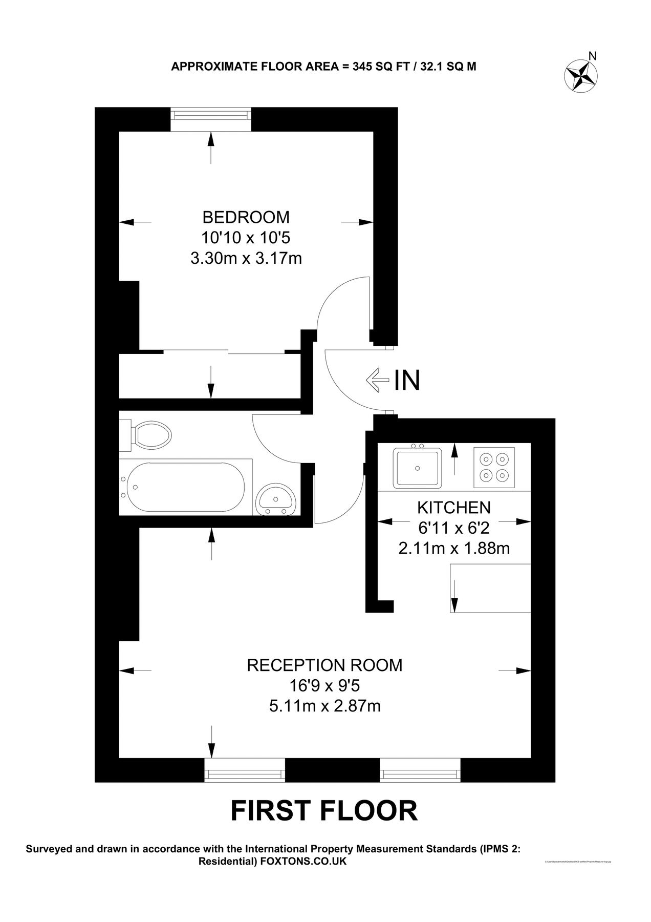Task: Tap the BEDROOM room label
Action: [246, 217]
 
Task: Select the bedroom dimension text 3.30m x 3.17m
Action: [246, 258]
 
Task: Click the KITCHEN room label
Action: [454, 508]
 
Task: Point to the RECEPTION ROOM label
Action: [324, 665]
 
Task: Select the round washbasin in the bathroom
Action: [276, 499]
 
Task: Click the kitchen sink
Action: [417, 468]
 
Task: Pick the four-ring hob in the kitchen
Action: [494, 467]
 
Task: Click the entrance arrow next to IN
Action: [377, 380]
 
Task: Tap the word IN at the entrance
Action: [407, 380]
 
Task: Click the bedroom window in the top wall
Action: [211, 119]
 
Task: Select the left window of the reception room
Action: [245, 770]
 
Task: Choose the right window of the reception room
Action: [420, 770]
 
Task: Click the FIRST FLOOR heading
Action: [324, 811]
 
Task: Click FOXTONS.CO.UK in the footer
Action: [303, 862]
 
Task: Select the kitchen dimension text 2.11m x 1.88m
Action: [454, 549]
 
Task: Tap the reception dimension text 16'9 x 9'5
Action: [324, 685]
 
